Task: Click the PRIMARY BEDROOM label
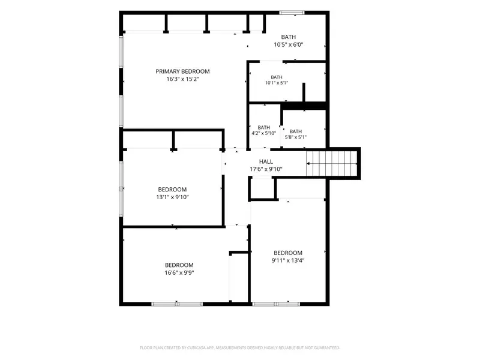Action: (x=182, y=71)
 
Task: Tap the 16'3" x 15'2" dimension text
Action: (x=183, y=79)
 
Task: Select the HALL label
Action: (x=266, y=161)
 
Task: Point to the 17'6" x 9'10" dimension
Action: (x=266, y=169)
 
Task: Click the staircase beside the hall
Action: (x=332, y=164)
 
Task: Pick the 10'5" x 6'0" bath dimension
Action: (x=289, y=44)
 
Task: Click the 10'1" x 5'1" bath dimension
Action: (x=277, y=83)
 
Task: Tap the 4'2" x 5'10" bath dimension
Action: (x=263, y=133)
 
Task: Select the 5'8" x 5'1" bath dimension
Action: (x=295, y=137)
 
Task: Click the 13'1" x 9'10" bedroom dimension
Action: (x=172, y=197)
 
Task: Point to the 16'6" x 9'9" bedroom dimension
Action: (x=179, y=272)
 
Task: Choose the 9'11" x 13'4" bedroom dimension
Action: (x=288, y=260)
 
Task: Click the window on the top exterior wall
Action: (x=292, y=13)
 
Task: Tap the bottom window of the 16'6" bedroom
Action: (x=177, y=304)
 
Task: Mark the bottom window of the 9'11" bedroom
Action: (x=276, y=304)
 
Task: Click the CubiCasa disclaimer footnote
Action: (x=239, y=348)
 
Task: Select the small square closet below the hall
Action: (x=262, y=188)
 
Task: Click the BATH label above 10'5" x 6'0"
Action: (x=289, y=37)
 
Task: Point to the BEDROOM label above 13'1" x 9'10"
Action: (x=172, y=190)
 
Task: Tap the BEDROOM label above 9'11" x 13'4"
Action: (x=288, y=253)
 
